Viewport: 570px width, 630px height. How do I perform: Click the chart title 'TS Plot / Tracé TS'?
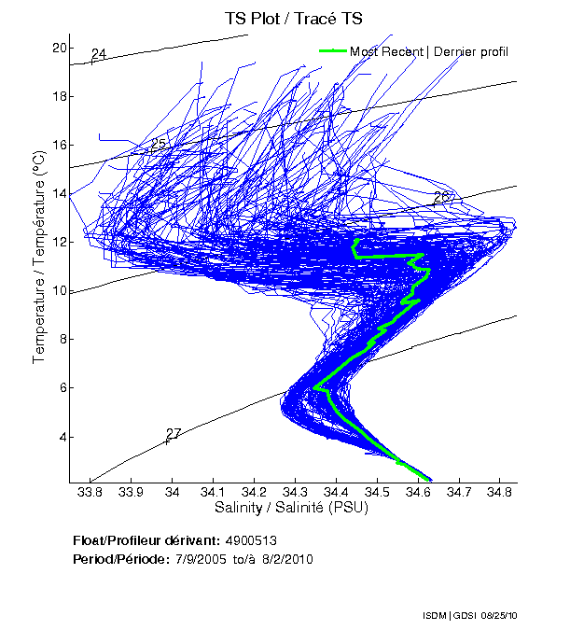click(x=293, y=18)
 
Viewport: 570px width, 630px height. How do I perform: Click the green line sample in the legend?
click(x=333, y=50)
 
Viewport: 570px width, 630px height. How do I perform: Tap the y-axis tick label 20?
click(x=59, y=48)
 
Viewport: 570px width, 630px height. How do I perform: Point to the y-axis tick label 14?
click(x=59, y=193)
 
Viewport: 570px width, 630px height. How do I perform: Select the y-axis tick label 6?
click(x=63, y=387)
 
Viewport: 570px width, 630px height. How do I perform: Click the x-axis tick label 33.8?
click(x=90, y=492)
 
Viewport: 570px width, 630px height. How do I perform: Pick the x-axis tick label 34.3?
click(x=295, y=492)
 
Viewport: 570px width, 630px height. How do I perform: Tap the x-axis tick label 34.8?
click(x=499, y=492)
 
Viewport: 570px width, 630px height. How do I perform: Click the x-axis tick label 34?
click(x=172, y=492)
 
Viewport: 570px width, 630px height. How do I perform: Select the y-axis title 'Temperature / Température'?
click(x=39, y=258)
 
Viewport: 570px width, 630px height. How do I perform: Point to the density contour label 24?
click(x=98, y=54)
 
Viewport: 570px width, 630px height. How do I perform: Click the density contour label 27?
click(x=173, y=434)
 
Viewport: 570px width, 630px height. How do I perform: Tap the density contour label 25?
click(x=158, y=145)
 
